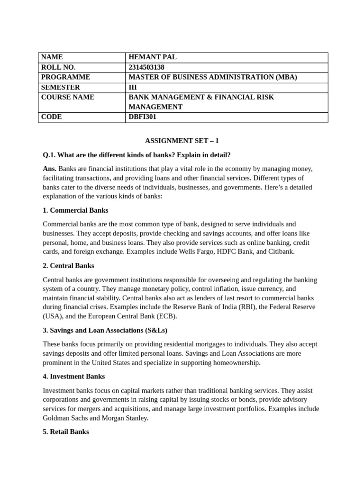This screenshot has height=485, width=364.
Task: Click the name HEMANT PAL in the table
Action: point(153,57)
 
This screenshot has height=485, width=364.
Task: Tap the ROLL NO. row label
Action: point(58,67)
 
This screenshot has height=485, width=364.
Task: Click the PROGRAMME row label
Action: point(65,77)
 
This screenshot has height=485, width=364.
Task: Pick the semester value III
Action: point(133,87)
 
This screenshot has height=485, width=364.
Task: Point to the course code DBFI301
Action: point(143,117)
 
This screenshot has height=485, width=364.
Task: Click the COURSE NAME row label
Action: point(68,97)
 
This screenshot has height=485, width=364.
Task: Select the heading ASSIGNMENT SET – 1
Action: point(182,141)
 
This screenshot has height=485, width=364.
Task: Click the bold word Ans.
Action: point(49,169)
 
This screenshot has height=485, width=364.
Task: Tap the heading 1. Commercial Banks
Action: point(75,210)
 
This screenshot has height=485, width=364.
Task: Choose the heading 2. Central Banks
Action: point(68,266)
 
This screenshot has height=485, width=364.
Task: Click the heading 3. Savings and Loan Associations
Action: point(105,330)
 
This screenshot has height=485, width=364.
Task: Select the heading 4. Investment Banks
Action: point(73,377)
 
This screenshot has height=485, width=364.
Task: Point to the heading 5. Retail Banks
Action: point(65,432)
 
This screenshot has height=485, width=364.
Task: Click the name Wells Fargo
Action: point(197,251)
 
